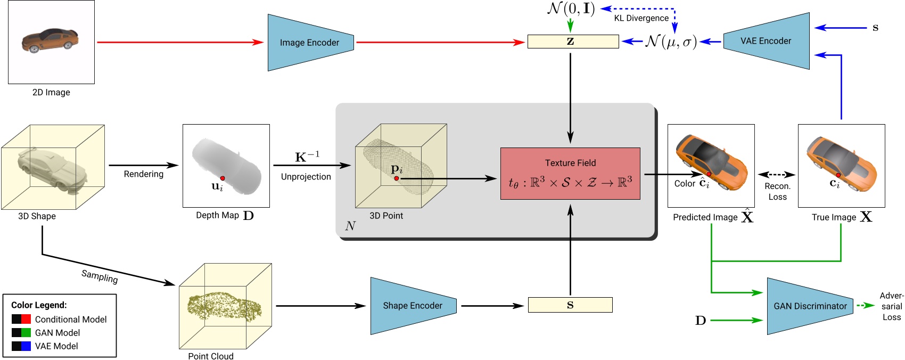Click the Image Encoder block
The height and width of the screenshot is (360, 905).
(310, 43)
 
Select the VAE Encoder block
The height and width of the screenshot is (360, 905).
(766, 41)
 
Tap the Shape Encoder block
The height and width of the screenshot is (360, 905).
(413, 306)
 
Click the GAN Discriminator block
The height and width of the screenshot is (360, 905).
(810, 306)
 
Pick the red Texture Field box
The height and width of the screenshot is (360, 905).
(570, 174)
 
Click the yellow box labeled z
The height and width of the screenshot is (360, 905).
(573, 42)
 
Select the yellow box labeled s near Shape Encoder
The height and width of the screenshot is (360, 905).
(570, 305)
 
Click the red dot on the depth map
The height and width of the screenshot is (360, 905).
(223, 178)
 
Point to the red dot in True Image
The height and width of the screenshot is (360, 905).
(838, 175)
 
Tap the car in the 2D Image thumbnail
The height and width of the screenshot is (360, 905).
(51, 40)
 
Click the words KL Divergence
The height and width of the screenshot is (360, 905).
(641, 18)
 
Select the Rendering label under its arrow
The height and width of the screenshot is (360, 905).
(143, 174)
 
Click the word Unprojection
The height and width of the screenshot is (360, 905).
(306, 177)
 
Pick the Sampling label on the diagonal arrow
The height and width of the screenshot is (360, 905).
(100, 276)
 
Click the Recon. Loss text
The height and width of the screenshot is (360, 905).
(777, 191)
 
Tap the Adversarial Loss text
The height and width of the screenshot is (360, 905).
(891, 306)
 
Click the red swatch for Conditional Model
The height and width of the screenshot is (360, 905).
(26, 319)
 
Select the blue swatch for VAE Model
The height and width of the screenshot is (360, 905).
(26, 346)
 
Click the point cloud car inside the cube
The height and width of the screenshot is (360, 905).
(224, 306)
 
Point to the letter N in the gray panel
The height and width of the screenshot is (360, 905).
(350, 226)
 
